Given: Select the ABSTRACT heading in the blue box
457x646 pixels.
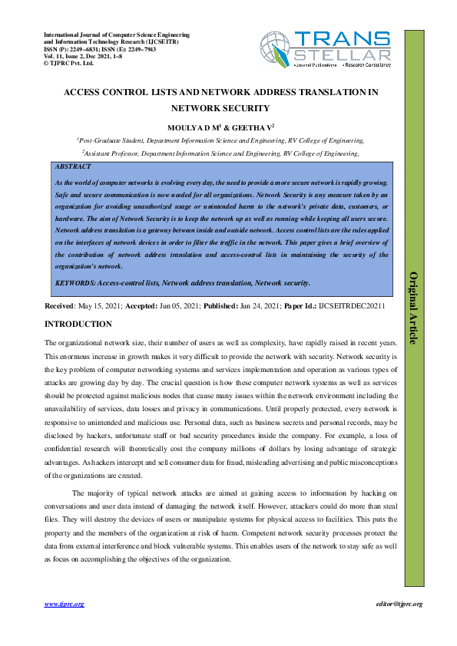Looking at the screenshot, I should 74,166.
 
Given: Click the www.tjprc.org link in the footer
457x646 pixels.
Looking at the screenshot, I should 64,605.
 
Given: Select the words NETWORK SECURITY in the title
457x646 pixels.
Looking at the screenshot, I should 220,108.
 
